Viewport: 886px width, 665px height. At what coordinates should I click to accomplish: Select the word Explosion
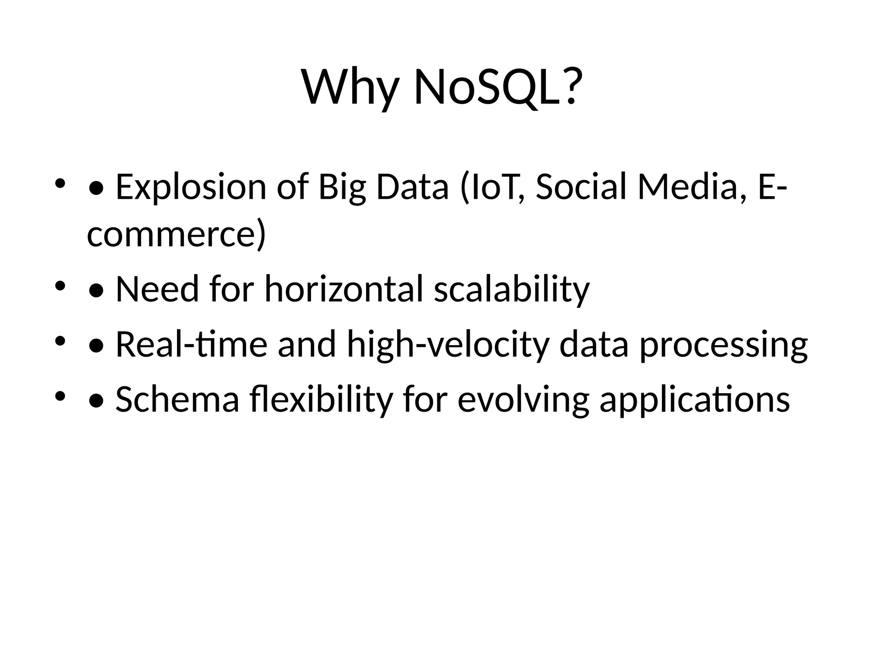click(191, 187)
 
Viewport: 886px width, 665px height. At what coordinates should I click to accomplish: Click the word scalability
click(512, 289)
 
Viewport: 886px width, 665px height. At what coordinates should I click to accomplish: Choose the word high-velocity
click(448, 344)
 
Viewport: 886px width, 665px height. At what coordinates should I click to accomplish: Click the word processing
click(723, 344)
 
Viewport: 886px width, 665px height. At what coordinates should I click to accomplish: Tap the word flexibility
click(321, 399)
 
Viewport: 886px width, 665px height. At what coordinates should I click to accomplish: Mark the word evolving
click(523, 399)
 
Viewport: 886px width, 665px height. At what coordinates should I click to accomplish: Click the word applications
click(694, 399)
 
